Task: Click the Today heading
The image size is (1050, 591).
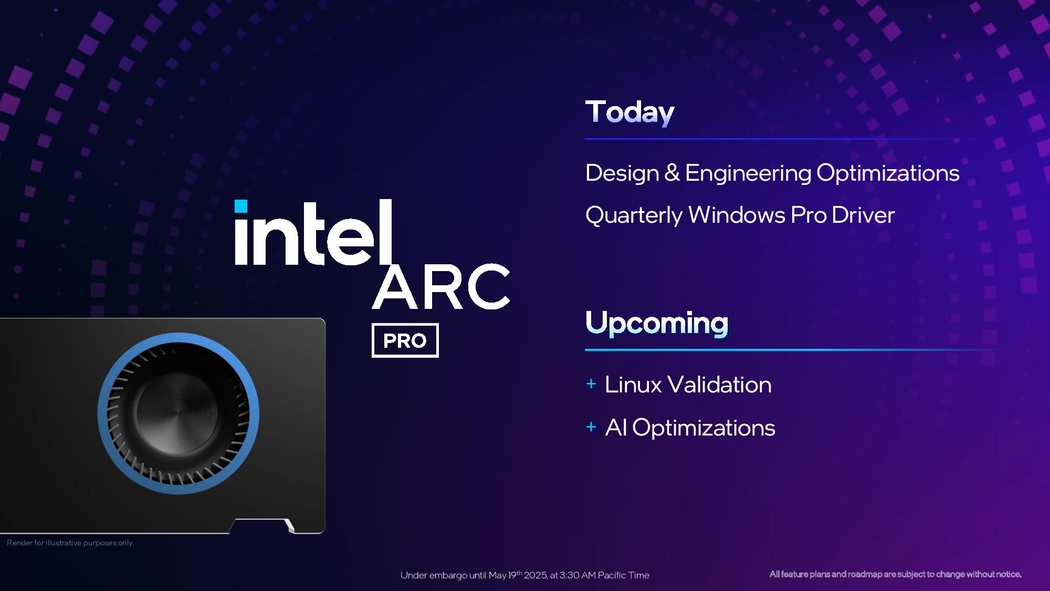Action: tap(629, 112)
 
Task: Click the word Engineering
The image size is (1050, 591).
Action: tap(748, 173)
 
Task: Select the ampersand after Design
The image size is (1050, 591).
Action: tap(672, 173)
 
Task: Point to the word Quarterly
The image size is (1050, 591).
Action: tap(633, 215)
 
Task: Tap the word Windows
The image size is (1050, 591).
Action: tap(737, 215)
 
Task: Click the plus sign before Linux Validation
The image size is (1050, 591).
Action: tap(591, 384)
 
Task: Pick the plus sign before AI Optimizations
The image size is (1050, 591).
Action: tap(591, 427)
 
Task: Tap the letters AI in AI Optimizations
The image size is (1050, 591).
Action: tap(616, 428)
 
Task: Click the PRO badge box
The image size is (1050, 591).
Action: tap(405, 340)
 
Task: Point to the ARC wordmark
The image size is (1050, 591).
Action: tap(441, 287)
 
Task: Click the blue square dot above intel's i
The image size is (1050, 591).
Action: tap(241, 206)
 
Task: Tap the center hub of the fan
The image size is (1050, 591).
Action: tap(177, 413)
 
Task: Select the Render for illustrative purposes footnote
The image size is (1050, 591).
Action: tap(69, 543)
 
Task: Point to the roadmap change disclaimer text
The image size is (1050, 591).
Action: tap(895, 574)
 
